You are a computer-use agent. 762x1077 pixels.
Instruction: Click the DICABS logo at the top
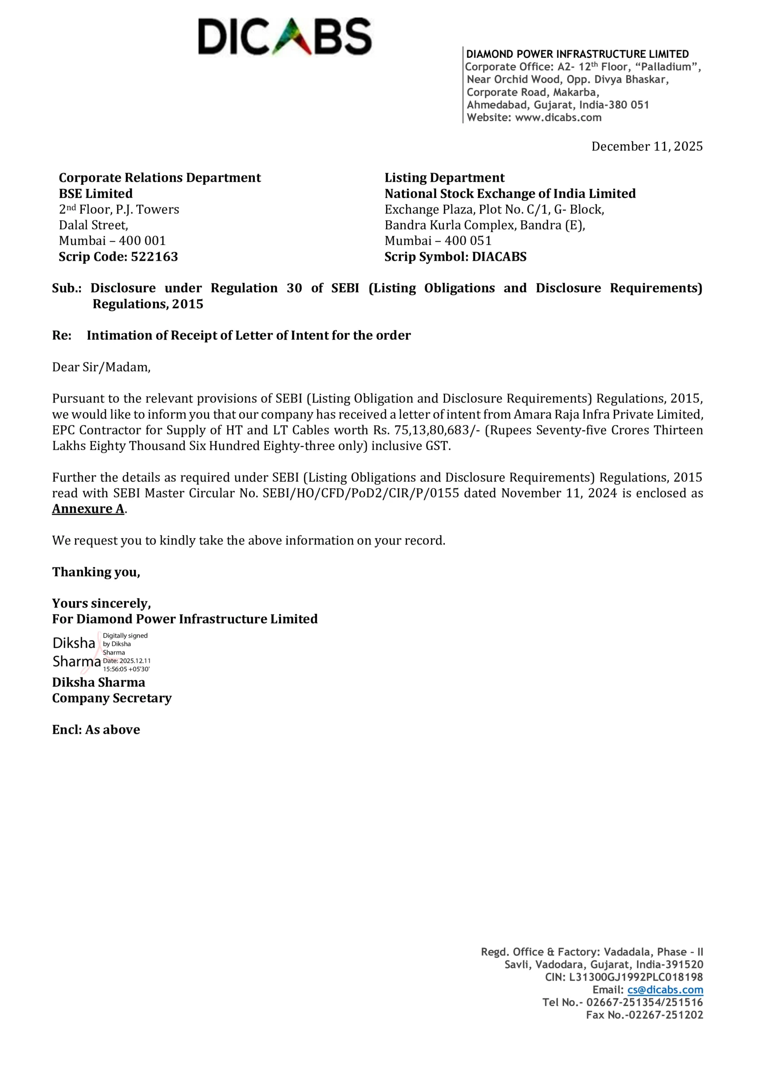coord(285,37)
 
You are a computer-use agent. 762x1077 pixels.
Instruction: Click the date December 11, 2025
coord(647,147)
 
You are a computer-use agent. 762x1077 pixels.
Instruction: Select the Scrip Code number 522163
coord(154,257)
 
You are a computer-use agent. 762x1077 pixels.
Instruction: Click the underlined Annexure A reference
coord(88,509)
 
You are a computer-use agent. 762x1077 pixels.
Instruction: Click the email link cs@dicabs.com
coord(665,990)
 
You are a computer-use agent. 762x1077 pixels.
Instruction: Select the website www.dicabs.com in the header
coord(558,118)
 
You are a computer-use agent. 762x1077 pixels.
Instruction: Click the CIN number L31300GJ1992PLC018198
coord(636,977)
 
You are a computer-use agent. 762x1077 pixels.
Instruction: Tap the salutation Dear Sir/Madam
coord(101,367)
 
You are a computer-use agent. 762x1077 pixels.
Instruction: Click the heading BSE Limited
coord(96,194)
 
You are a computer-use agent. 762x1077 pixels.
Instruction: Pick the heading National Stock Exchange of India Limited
coord(510,194)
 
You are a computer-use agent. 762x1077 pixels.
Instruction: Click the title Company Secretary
coord(112,698)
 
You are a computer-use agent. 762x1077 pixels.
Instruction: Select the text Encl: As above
coord(96,730)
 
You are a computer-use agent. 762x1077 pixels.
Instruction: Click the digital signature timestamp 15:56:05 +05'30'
coord(126,670)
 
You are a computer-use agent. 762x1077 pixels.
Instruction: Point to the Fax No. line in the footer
coord(644,1015)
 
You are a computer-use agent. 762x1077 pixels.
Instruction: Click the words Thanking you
coord(96,572)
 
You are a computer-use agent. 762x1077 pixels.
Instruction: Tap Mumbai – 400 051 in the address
coord(438,241)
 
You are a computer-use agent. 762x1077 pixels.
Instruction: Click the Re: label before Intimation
coord(62,336)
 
